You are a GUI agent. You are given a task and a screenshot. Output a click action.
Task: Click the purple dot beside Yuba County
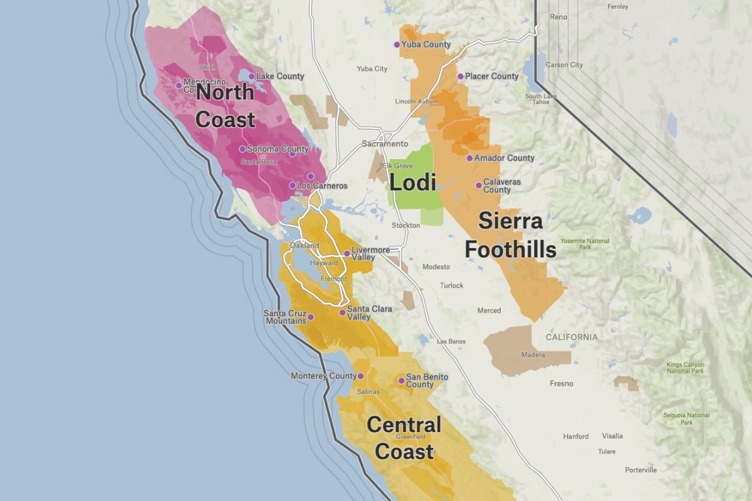[396, 44]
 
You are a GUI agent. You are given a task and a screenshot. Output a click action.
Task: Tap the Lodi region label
[413, 183]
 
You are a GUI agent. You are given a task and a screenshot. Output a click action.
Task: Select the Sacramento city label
[385, 144]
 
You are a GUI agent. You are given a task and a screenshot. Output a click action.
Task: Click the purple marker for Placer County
[461, 76]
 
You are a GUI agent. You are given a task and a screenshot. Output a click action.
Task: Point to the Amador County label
[504, 158]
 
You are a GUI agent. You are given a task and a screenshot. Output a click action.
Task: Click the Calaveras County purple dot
[479, 185]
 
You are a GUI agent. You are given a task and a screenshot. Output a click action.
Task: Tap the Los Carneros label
[322, 186]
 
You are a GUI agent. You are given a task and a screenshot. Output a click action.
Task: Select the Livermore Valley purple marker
[347, 254]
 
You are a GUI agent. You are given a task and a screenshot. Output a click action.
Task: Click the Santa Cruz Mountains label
[285, 317]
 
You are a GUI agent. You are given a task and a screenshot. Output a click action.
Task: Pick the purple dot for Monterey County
[360, 376]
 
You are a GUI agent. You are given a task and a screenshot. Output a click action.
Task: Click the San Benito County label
[427, 380]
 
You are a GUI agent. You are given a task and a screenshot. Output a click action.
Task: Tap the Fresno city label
[561, 383]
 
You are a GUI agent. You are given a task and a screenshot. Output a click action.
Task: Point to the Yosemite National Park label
[585, 244]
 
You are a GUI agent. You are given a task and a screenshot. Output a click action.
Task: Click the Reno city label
[558, 17]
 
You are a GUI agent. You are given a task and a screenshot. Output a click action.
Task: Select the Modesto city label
[436, 267]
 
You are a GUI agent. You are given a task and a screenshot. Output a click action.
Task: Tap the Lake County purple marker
[252, 76]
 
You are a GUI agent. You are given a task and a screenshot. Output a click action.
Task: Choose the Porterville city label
[640, 470]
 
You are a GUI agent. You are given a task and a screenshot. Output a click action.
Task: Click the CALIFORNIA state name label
[572, 337]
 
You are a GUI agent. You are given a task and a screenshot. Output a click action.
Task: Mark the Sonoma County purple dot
[242, 149]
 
